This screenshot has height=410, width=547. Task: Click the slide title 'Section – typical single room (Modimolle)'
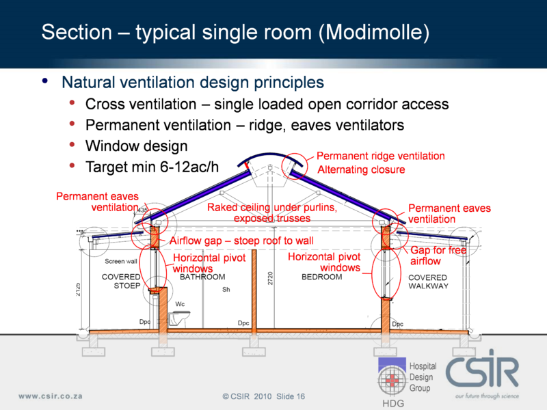tap(235, 32)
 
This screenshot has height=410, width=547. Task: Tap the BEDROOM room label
tap(321, 277)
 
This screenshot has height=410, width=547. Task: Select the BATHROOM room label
tap(202, 277)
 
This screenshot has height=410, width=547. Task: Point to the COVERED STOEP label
tap(121, 282)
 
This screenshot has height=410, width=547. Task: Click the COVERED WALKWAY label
tap(428, 282)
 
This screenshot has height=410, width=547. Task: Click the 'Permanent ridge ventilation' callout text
tap(380, 156)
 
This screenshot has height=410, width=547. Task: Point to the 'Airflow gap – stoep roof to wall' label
tap(241, 241)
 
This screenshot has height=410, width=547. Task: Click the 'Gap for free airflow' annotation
tap(438, 256)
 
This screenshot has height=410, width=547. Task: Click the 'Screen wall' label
tap(121, 262)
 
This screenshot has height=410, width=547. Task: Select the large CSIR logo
tap(482, 372)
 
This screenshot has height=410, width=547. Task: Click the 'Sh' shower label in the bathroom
tap(226, 290)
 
